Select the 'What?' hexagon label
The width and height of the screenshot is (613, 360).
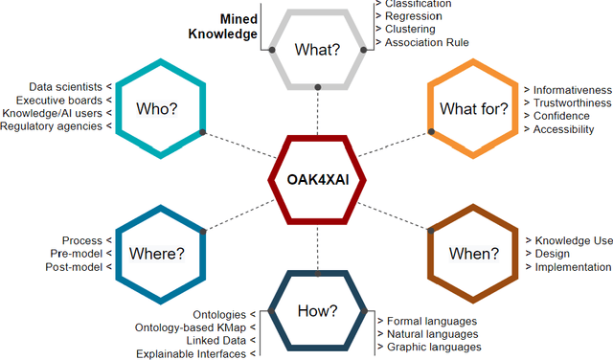coord(316,47)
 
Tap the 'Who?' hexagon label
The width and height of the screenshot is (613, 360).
coord(158,108)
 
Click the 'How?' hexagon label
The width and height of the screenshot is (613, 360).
coord(318,310)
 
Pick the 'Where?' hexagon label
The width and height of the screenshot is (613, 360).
coord(158,255)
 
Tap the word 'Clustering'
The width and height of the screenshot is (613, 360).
coord(414,29)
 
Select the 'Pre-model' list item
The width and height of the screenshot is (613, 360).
coord(78,254)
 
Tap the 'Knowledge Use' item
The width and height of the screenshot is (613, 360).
coord(573,240)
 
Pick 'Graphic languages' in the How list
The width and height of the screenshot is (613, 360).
coord(433,347)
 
